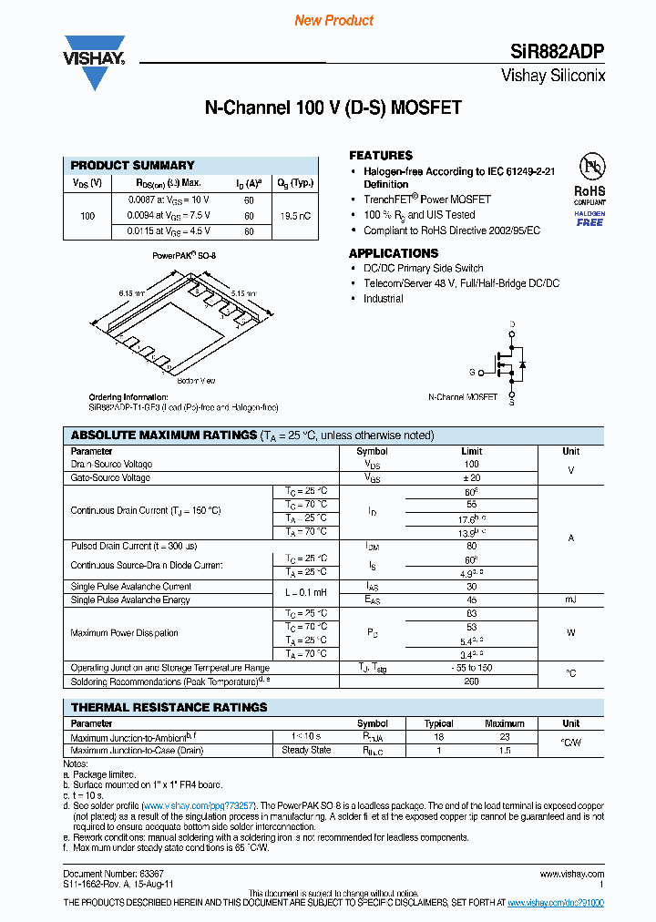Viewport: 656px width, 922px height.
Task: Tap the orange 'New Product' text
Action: (x=333, y=20)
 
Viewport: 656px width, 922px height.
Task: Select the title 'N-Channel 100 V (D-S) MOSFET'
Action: (x=333, y=108)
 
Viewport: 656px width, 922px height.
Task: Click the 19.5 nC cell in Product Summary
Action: (x=294, y=216)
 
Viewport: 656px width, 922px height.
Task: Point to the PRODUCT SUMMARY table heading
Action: (x=133, y=165)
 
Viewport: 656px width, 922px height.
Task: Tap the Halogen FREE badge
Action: (x=589, y=218)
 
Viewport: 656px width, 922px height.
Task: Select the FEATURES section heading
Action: (x=381, y=155)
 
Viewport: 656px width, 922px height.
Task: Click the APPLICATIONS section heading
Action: (x=394, y=253)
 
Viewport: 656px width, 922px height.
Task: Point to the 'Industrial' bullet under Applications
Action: (x=383, y=298)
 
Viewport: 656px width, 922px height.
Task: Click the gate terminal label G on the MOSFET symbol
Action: (x=472, y=372)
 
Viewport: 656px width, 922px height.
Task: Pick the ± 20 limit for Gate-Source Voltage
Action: (x=471, y=477)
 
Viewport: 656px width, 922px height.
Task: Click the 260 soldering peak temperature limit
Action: (x=471, y=681)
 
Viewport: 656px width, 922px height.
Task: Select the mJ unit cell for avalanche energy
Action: (x=570, y=599)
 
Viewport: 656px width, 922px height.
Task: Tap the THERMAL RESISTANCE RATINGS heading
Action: (x=169, y=707)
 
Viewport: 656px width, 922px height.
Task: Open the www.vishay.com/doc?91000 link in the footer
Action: (x=555, y=902)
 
